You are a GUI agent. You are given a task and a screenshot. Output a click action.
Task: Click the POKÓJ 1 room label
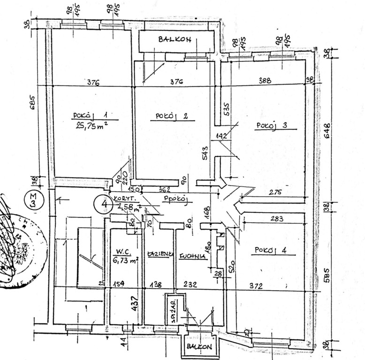(x=91, y=114)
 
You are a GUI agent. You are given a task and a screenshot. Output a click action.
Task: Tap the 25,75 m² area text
(x=92, y=125)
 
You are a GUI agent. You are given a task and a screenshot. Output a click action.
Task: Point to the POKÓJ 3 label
(x=271, y=125)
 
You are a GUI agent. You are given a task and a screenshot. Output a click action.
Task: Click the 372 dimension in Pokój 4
(x=268, y=285)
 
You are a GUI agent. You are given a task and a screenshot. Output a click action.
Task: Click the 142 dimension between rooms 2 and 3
(x=221, y=136)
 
